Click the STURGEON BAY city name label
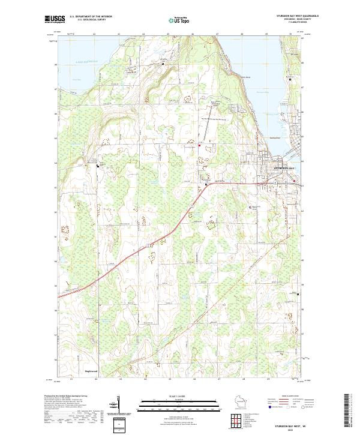[284, 169]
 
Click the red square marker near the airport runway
[200, 144]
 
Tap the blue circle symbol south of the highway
[251, 207]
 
